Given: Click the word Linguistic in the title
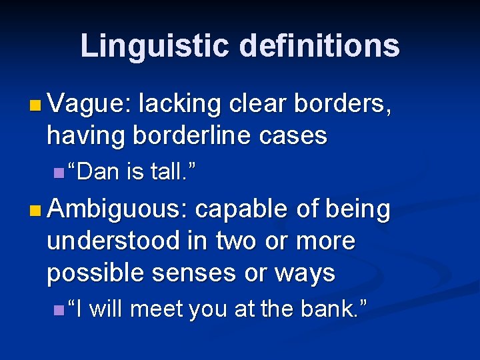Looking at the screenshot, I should click(x=155, y=46).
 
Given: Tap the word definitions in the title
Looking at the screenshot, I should click(x=319, y=46).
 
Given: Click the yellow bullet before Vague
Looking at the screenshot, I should click(x=35, y=105).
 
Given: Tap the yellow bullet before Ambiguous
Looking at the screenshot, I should click(x=35, y=210).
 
